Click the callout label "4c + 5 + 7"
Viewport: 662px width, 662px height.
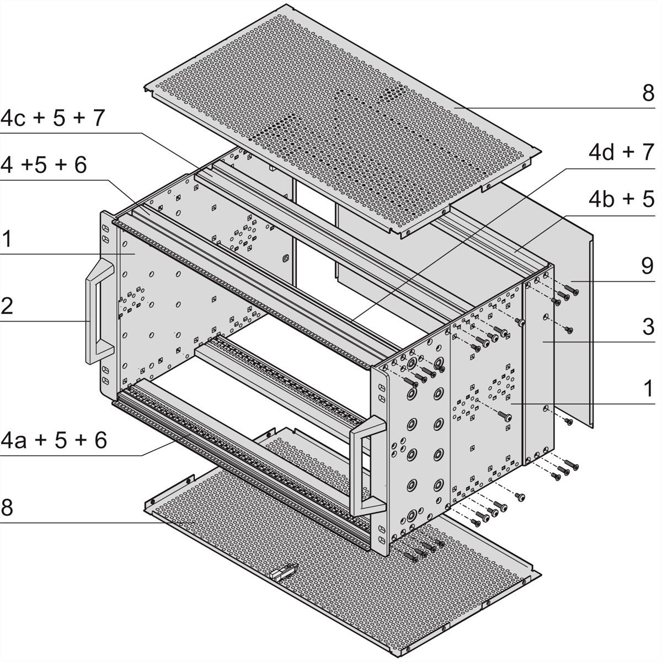(x=52, y=118)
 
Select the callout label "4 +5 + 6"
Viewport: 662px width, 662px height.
(x=44, y=164)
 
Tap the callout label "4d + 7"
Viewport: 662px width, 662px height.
(x=621, y=152)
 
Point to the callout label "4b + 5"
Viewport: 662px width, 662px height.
(x=621, y=199)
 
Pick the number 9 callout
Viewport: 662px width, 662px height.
(x=648, y=266)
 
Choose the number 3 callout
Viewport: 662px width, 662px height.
(x=648, y=327)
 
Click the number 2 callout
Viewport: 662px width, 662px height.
(x=7, y=306)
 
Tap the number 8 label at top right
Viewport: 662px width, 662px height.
(x=648, y=93)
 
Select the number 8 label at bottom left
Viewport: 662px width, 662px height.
(x=7, y=508)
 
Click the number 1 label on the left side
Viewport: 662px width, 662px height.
(x=6, y=239)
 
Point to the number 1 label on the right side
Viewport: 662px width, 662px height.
(x=648, y=389)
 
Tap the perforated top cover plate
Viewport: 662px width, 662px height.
(x=342, y=120)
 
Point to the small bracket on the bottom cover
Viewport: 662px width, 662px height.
(x=284, y=572)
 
